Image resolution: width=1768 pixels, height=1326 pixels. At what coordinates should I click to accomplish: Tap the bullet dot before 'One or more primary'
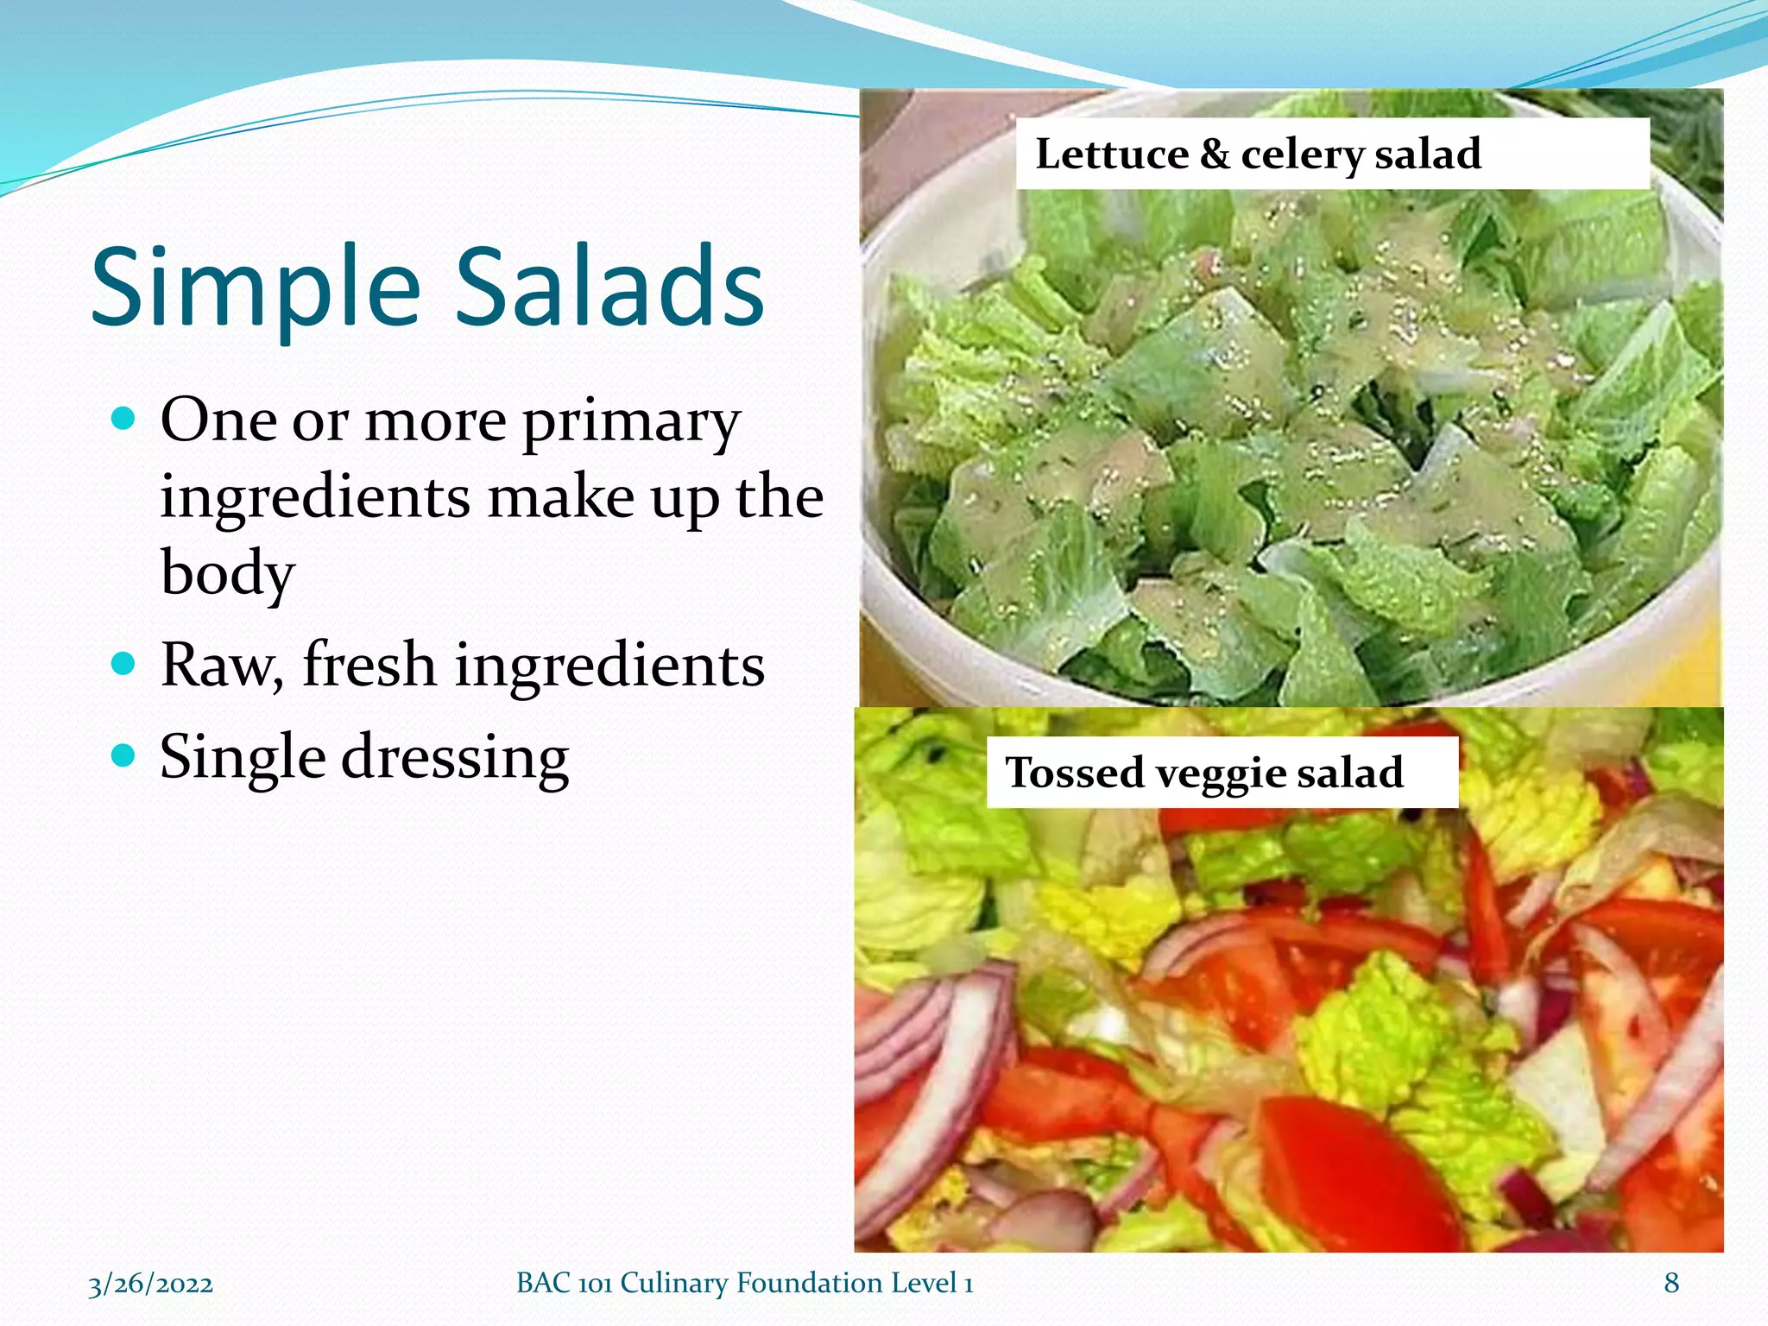[x=124, y=420]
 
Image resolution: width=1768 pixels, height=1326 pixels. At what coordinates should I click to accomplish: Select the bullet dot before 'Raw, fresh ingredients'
[x=124, y=664]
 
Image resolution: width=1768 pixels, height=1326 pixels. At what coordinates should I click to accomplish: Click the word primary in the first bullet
[x=631, y=423]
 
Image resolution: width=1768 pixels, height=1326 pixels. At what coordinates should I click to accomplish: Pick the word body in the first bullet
[x=228, y=573]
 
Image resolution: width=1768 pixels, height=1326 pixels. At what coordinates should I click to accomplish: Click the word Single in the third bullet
[x=243, y=756]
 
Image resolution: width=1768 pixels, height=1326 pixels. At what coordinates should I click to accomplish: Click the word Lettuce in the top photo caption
[x=1111, y=155]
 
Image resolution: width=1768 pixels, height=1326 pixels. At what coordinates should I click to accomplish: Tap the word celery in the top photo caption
[x=1302, y=156]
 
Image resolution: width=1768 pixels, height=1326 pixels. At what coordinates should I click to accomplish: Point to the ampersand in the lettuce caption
[x=1215, y=155]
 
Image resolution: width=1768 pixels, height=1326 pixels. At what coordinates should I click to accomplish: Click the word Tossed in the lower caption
[x=1074, y=772]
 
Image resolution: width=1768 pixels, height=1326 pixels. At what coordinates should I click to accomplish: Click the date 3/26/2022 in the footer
[x=150, y=1284]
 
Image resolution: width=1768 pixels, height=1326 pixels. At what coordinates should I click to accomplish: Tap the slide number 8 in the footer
[x=1671, y=1283]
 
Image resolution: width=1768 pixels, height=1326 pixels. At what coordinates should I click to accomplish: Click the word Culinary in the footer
[x=674, y=1284]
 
